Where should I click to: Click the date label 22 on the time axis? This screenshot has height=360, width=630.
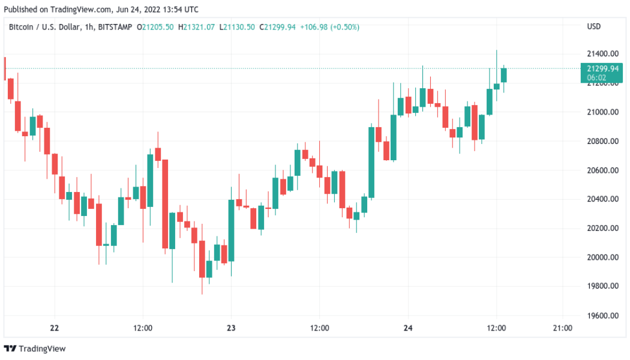[x=55, y=328]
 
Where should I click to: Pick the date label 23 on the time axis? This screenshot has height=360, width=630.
[x=231, y=328]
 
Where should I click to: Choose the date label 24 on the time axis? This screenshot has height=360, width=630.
[x=408, y=328]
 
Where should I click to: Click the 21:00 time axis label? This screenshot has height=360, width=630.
[x=562, y=328]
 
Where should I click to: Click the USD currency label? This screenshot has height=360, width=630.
[x=593, y=26]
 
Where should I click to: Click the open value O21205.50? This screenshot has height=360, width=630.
[x=155, y=26]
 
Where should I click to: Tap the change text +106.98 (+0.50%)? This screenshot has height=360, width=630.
[x=332, y=26]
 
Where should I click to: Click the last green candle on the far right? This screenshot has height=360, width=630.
[x=504, y=75]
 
